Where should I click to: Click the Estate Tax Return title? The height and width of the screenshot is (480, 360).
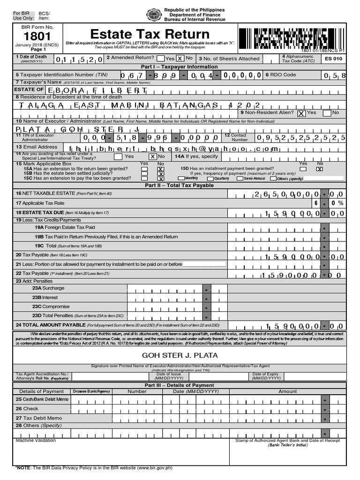150,34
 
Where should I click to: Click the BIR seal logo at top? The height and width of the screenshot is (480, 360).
154,15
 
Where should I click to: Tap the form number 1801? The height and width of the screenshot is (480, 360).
35,37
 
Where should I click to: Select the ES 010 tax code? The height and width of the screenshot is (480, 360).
333,59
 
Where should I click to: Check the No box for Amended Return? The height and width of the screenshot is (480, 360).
182,58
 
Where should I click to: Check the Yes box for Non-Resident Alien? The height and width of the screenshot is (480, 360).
301,113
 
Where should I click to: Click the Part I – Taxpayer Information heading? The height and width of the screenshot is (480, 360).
180,67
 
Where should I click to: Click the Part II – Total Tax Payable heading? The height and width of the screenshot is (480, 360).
180,185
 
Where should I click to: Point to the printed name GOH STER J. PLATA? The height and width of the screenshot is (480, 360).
180,355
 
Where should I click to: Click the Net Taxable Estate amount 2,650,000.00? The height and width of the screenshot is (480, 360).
294,194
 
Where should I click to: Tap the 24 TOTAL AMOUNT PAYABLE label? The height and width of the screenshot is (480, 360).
50,324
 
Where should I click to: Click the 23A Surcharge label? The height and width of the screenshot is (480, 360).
48,288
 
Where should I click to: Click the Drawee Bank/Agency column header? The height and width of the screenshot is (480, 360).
91,391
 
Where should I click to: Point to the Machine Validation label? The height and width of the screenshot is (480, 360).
36,441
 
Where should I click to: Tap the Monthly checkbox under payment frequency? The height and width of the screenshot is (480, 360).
181,178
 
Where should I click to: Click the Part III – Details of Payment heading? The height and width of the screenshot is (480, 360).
180,385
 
